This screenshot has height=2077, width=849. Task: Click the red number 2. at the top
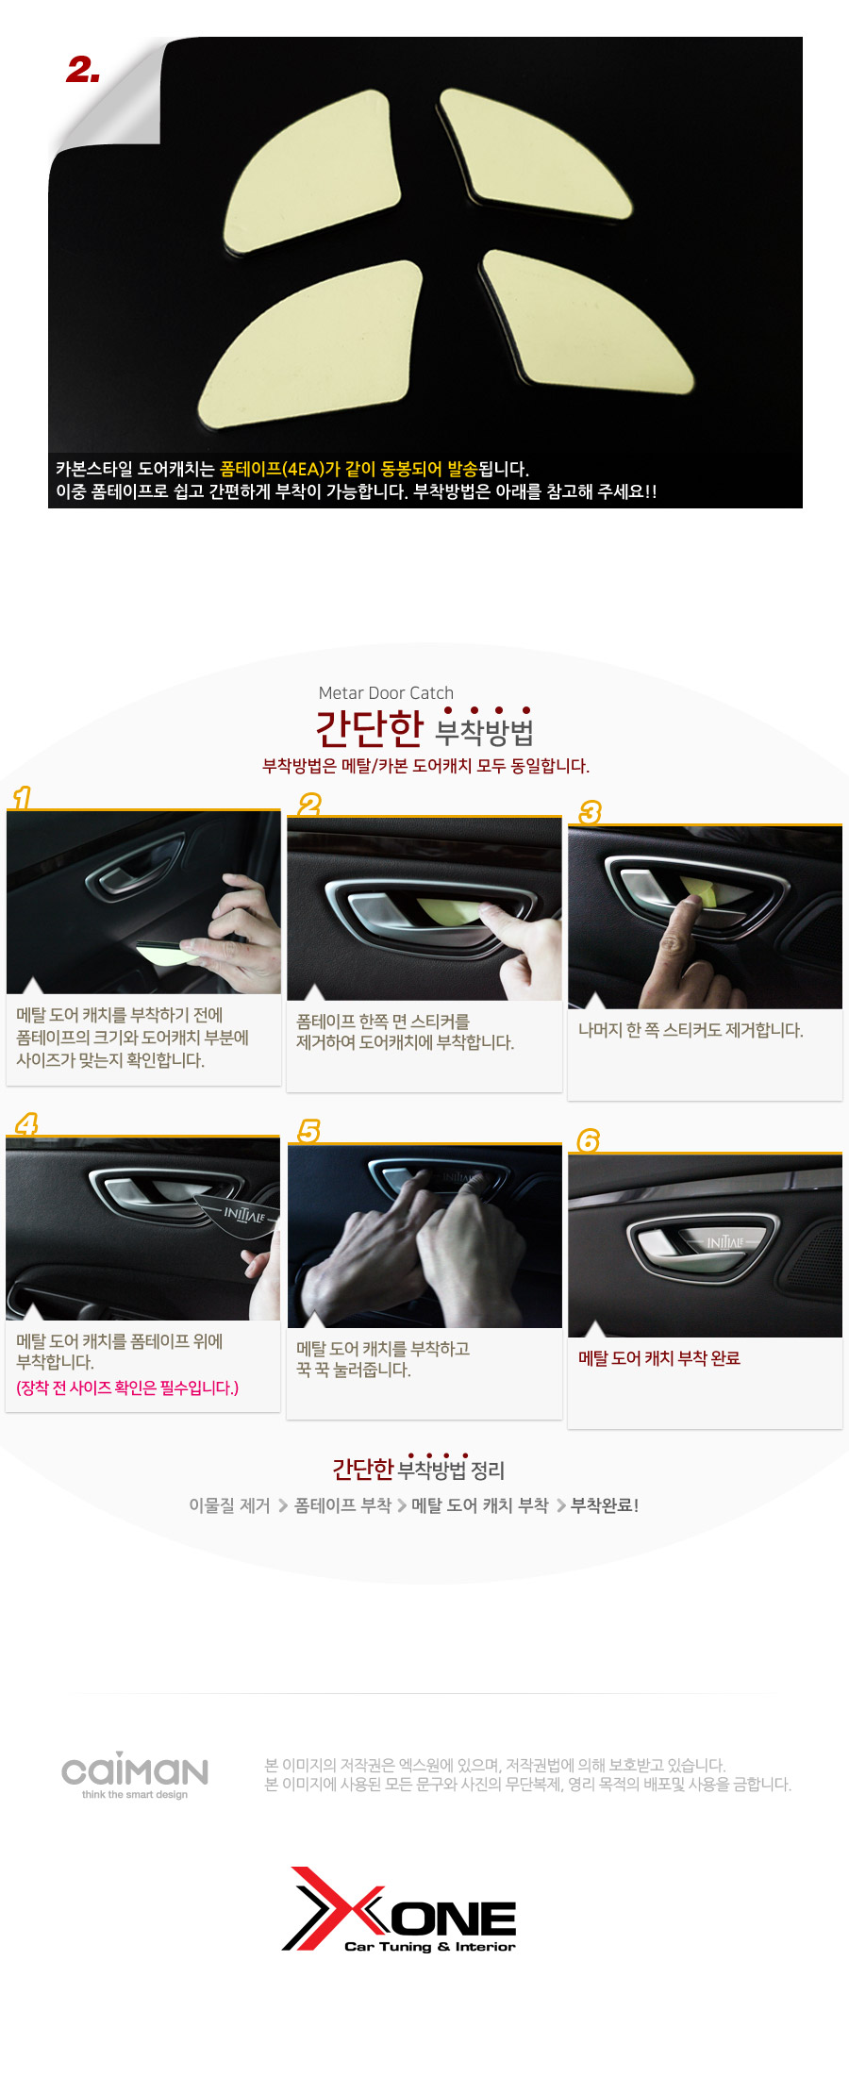[83, 70]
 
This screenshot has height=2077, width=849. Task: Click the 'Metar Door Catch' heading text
[386, 693]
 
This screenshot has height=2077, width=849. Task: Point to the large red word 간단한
[370, 728]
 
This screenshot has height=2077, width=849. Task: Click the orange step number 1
[22, 798]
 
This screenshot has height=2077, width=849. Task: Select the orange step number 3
[591, 812]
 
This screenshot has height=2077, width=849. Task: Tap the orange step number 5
[309, 1131]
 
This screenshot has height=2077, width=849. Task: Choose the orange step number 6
[589, 1140]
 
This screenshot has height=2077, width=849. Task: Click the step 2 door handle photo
[424, 908]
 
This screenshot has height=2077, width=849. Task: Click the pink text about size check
[127, 1387]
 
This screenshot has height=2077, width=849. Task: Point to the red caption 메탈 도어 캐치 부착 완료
[659, 1358]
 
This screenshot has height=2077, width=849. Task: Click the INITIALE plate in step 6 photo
[725, 1242]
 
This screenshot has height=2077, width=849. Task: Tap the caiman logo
[135, 1775]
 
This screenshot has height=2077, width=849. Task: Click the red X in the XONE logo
[334, 1908]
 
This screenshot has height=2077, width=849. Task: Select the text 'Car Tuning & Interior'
[430, 1946]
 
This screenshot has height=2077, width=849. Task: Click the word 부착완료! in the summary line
[605, 1505]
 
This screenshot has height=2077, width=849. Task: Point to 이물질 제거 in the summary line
[229, 1505]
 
